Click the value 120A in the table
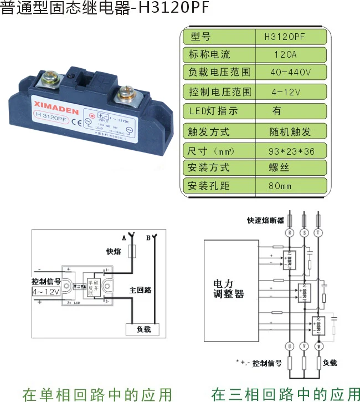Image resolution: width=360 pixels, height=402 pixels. point(285,54)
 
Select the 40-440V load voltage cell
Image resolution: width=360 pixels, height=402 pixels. point(290,72)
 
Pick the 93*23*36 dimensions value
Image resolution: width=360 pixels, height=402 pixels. point(290,150)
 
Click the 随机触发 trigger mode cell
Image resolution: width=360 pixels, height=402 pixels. point(290,131)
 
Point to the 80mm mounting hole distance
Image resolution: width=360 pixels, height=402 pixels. point(280,186)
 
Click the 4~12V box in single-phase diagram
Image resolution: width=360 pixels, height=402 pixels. point(46,291)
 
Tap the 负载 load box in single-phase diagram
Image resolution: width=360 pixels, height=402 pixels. point(143,329)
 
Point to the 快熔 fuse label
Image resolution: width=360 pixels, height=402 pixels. point(114,251)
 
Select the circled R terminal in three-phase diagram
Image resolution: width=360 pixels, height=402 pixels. point(288,233)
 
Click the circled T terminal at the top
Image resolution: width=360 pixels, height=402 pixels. point(318,233)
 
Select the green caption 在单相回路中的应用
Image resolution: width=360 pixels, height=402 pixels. point(97,394)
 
